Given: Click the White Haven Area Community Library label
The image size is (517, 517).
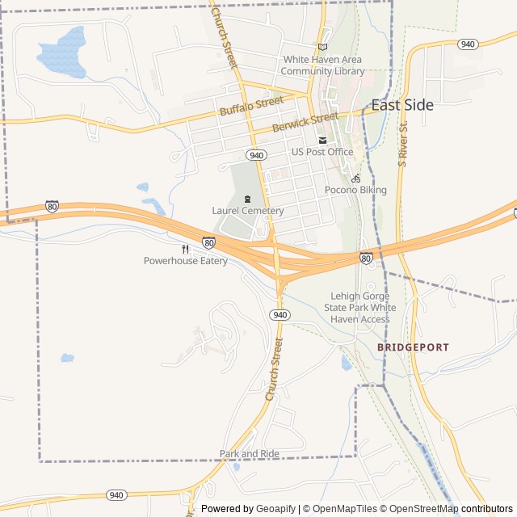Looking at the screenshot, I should pyautogui.click(x=322, y=65).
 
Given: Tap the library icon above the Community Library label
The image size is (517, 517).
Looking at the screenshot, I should pyautogui.click(x=323, y=47).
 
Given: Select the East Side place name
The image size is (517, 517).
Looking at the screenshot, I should pyautogui.click(x=402, y=105).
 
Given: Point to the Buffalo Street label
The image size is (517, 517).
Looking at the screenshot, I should pyautogui.click(x=251, y=106).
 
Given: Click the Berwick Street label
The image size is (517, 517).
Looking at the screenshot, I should pyautogui.click(x=305, y=122).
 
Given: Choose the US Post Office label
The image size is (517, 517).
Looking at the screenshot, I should pyautogui.click(x=322, y=152).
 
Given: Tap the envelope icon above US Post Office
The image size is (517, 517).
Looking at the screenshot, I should pyautogui.click(x=322, y=140).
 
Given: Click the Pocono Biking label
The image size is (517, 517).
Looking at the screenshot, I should pyautogui.click(x=355, y=190).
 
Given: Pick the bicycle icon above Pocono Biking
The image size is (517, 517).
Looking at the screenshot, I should pyautogui.click(x=355, y=178).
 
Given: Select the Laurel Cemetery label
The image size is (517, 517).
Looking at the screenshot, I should pyautogui.click(x=248, y=211).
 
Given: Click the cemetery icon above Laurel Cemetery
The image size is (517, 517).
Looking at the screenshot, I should pyautogui.click(x=247, y=199).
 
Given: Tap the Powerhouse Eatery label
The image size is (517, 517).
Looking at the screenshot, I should pyautogui.click(x=186, y=261).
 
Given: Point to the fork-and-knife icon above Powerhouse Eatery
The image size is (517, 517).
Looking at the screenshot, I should pyautogui.click(x=185, y=249).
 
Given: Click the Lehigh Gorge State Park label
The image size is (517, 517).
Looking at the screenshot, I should pyautogui.click(x=360, y=307).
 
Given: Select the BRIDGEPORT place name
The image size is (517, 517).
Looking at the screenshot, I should pyautogui.click(x=413, y=347).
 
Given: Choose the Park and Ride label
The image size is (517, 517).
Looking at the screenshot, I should pyautogui.click(x=250, y=454).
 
